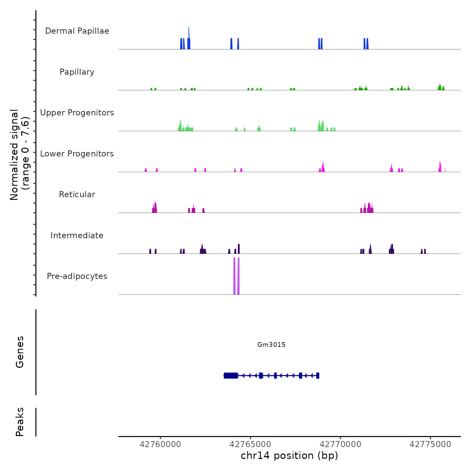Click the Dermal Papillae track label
(77, 31)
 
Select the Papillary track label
(77, 72)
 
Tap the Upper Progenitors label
(77, 113)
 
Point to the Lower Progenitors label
(77, 154)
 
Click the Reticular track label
(77, 194)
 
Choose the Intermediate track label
(77, 235)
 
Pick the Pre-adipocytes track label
(77, 276)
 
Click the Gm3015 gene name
(271, 345)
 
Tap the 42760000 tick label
(160, 444)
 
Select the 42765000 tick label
(250, 444)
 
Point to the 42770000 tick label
(340, 444)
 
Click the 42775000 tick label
(430, 444)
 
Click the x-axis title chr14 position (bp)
(289, 456)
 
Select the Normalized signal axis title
(20, 155)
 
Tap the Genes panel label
(20, 352)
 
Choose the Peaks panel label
(20, 422)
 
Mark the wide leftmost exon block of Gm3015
(231, 375)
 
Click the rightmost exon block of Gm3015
(318, 375)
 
